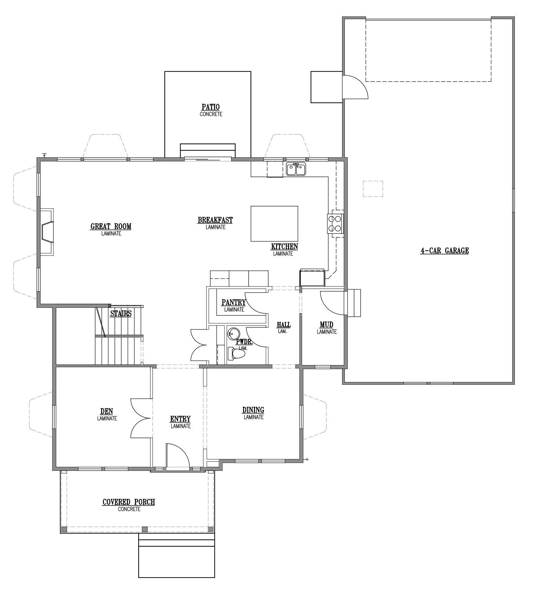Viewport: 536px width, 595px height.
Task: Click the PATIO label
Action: pos(211,107)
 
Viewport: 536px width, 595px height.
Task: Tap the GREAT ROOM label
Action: pos(111,226)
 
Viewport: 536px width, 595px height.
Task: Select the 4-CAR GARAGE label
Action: pos(445,250)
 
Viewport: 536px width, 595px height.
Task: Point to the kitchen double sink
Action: pos(296,169)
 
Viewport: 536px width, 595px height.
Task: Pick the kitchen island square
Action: pos(274,223)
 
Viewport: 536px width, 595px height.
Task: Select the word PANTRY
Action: pos(234,303)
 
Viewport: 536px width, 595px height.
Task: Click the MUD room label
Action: pos(326,325)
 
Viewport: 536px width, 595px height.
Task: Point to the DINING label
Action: pos(253,410)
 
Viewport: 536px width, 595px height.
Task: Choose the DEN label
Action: pos(107,411)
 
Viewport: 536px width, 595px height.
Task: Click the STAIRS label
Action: pos(121,313)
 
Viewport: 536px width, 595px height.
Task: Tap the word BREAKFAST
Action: pos(215,220)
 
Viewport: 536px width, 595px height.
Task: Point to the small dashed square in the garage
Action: pos(373,189)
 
